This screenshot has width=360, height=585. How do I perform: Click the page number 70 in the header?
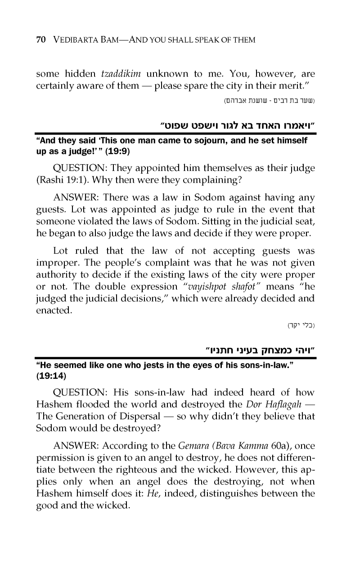[x=40, y=40]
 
